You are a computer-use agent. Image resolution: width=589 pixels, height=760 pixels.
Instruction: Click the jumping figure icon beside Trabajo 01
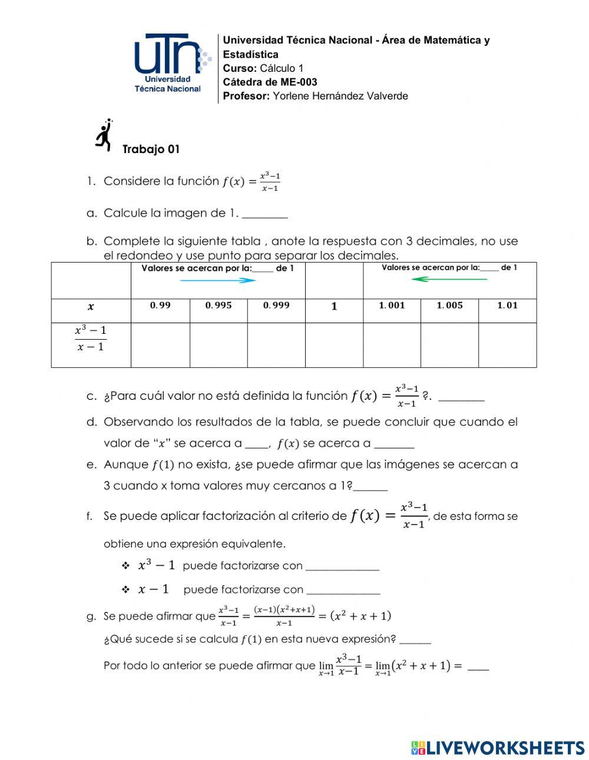click(x=104, y=136)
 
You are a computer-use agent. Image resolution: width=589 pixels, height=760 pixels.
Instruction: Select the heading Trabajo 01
click(x=151, y=150)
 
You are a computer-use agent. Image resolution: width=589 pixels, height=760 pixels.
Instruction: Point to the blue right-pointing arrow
click(x=217, y=281)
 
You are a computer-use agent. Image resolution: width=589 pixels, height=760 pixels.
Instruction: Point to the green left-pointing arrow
click(x=449, y=279)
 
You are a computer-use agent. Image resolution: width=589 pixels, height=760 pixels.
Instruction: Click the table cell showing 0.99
click(x=160, y=306)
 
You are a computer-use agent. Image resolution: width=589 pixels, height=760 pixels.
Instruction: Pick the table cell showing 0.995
click(x=219, y=306)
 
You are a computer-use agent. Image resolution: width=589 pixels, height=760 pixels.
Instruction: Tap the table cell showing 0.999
click(x=276, y=306)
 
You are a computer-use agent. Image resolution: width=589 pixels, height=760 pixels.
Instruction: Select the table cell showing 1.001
click(x=392, y=306)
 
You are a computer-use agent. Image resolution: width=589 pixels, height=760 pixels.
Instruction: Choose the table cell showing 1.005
click(x=449, y=306)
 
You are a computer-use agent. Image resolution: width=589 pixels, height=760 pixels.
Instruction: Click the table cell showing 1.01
click(x=507, y=306)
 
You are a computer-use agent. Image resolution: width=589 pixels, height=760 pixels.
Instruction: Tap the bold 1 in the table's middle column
click(x=334, y=307)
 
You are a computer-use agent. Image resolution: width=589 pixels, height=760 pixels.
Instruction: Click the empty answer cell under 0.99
click(x=160, y=345)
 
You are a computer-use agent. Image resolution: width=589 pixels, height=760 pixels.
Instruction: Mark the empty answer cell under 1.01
click(x=507, y=345)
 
